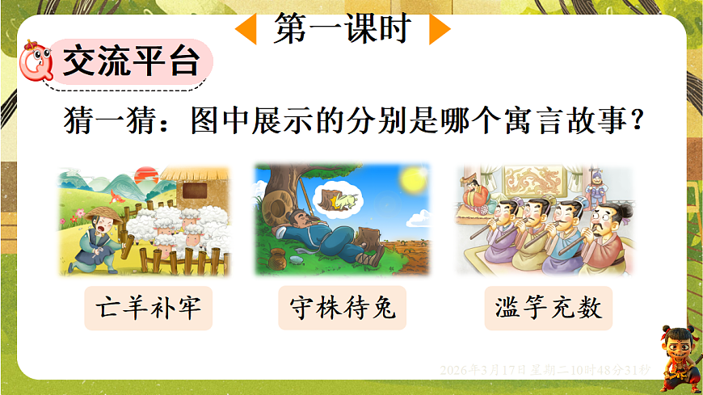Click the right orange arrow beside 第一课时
pos(439,31)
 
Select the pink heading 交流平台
pos(129,61)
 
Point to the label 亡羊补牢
pos(148,307)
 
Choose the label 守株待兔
pos(342,307)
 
